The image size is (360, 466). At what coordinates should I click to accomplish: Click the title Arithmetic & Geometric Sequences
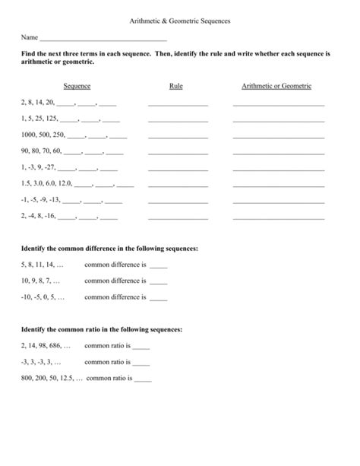coord(179,23)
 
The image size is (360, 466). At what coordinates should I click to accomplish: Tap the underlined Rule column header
coord(176,87)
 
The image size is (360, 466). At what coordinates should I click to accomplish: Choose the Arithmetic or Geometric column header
coord(276,87)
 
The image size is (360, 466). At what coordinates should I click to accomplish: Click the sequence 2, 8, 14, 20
coord(38,103)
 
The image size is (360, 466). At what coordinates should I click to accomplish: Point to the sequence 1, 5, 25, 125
coord(39,119)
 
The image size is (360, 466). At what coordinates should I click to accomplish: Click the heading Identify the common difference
coord(110,249)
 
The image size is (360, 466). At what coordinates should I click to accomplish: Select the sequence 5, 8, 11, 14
coord(43,265)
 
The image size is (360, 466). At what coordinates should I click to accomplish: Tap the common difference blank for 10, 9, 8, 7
coord(158,283)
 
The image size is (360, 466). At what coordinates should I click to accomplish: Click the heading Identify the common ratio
coord(102,329)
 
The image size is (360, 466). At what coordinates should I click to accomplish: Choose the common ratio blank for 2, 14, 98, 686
coord(141,347)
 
